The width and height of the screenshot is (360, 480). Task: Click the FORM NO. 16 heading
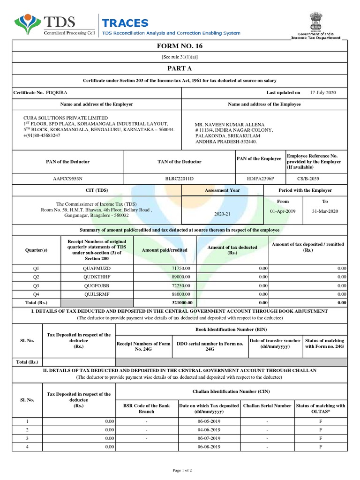(180, 46)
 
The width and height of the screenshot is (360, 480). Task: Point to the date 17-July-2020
(323, 93)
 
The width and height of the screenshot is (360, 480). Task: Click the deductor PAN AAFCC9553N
(68, 179)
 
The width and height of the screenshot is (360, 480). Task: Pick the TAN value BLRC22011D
(179, 179)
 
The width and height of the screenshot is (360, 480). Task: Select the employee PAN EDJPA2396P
(260, 179)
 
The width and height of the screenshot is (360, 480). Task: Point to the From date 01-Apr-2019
(283, 211)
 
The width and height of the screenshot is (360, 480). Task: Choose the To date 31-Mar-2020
(325, 211)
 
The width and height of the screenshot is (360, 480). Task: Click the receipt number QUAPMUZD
(96, 268)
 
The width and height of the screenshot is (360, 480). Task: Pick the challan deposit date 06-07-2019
(209, 438)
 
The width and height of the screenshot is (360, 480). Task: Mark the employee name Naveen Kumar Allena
(226, 124)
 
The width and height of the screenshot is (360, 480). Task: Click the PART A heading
(180, 68)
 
